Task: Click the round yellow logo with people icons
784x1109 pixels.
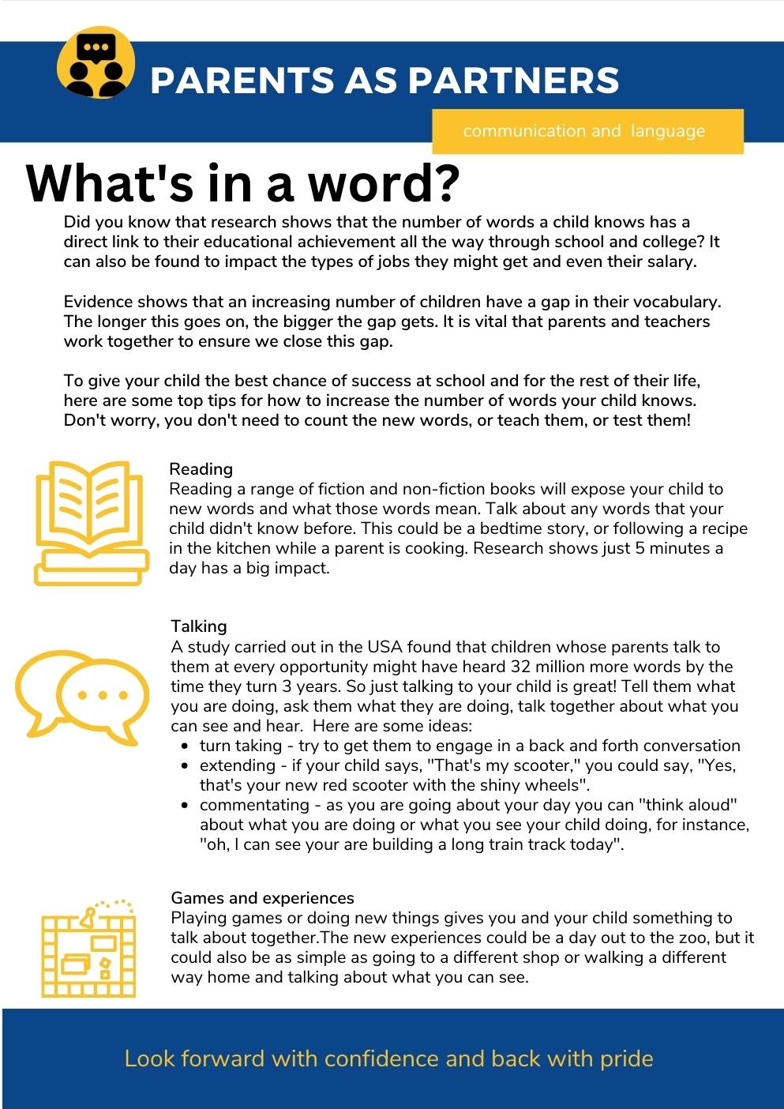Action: point(96,63)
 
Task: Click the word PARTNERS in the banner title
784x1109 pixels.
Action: point(513,81)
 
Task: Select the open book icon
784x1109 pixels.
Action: point(92,522)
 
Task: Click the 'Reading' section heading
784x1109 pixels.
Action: point(201,469)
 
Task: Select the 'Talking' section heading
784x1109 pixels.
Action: point(198,626)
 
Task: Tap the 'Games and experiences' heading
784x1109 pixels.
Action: point(262,898)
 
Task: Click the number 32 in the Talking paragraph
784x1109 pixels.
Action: point(522,667)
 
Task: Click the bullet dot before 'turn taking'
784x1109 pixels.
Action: point(184,746)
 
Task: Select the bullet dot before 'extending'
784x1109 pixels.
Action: point(184,766)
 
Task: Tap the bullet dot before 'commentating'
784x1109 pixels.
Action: point(184,806)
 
